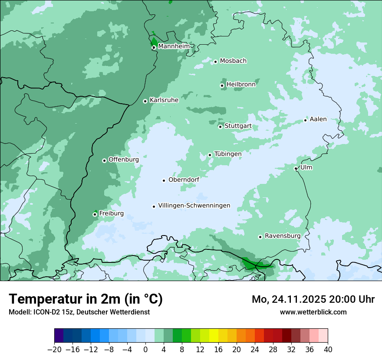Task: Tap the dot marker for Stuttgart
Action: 220,127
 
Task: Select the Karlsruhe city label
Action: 164,100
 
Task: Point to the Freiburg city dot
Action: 95,214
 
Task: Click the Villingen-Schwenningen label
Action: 194,206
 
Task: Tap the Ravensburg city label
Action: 282,236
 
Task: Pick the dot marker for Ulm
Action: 296,168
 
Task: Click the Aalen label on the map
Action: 318,119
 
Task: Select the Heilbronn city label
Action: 241,85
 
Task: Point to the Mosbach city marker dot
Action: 215,62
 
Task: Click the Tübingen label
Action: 227,154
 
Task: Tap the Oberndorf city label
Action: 184,180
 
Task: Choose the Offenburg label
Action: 123,160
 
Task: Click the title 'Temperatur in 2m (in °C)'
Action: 86,299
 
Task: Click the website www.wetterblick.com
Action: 313,312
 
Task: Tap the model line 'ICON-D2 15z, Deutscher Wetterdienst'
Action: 79,312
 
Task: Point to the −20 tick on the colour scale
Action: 54,350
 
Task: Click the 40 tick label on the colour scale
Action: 328,350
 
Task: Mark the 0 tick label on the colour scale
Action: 145,350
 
